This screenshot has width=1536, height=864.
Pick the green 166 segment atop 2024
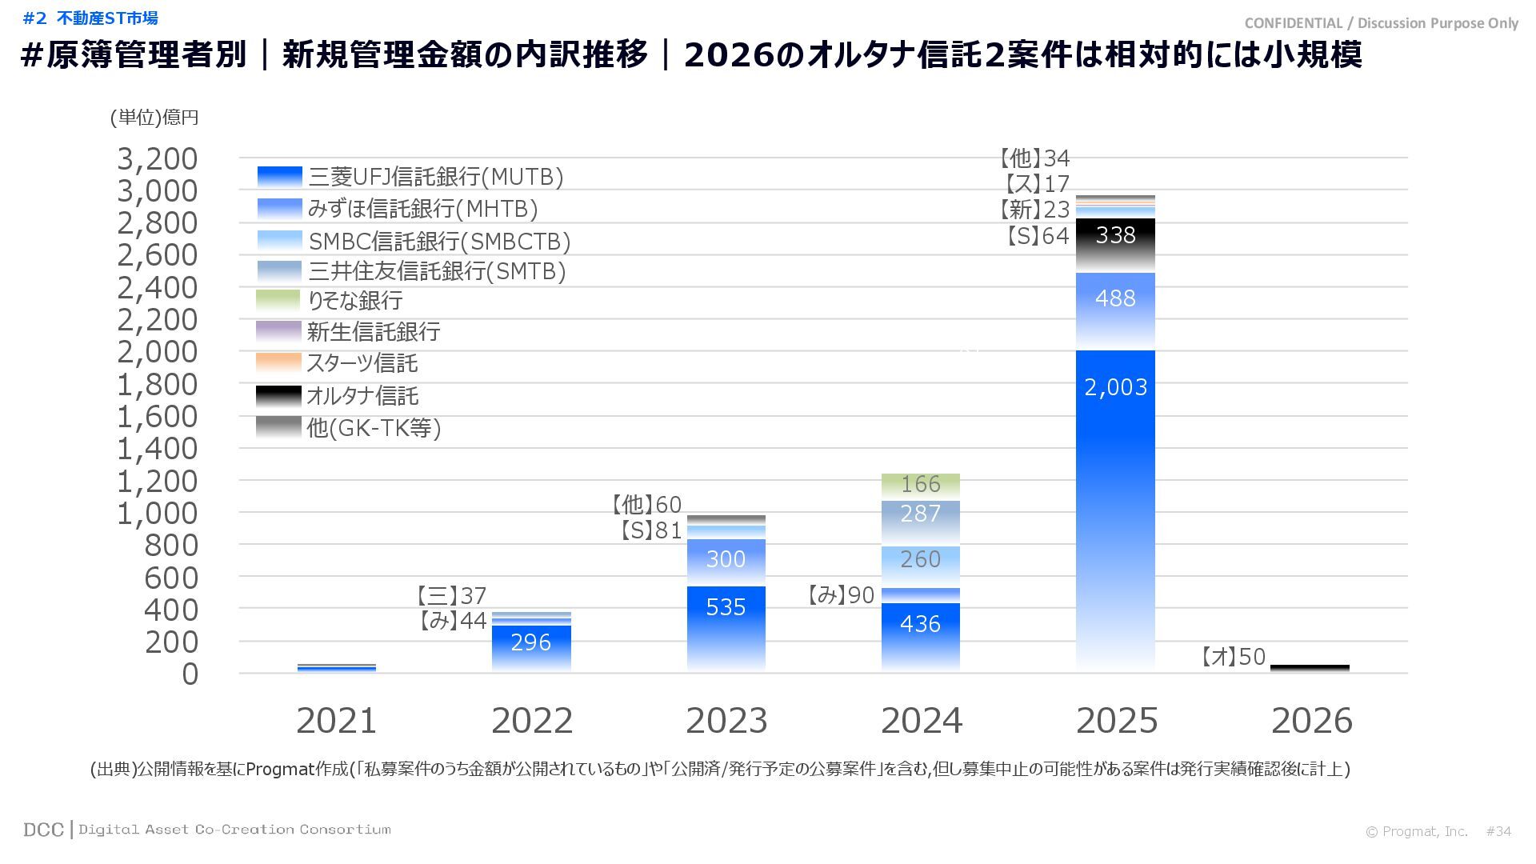pos(920,485)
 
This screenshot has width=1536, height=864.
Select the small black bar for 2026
pos(1310,668)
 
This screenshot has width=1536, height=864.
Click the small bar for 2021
pos(336,668)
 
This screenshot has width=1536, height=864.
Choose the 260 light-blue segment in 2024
pos(920,564)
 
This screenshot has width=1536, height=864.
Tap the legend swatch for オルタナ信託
pos(278,396)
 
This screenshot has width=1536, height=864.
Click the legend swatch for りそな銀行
pos(278,301)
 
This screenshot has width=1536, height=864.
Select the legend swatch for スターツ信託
pos(278,363)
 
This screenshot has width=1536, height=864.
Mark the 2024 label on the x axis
pos(921,721)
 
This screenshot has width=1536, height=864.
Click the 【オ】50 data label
pos(1233,658)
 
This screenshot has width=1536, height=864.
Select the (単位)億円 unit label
pos(154,118)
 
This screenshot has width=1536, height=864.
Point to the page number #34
pos(1498,831)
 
